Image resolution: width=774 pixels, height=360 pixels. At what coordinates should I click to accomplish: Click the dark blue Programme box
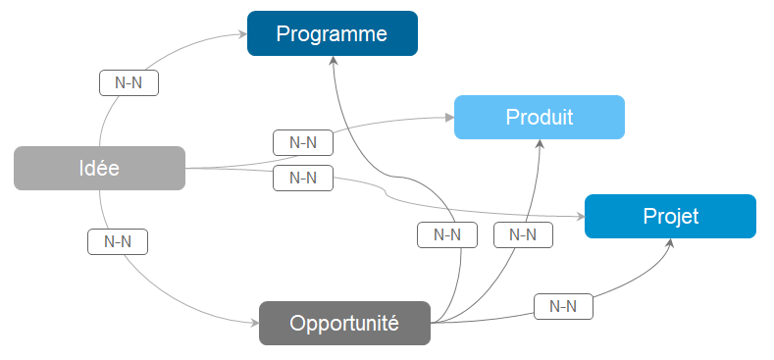[x=333, y=33]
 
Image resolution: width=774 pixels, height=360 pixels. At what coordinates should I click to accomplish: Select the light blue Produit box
[x=540, y=117]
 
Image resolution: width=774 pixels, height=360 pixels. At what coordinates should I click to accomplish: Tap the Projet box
[x=670, y=217]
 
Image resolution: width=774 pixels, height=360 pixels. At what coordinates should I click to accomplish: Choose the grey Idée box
[x=99, y=168]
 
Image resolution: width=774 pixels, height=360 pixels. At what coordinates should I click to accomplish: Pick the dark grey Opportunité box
[x=344, y=323]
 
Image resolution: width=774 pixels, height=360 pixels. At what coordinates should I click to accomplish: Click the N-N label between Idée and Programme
[x=129, y=83]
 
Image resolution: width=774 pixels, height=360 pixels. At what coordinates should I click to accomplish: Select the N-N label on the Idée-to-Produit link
[x=303, y=142]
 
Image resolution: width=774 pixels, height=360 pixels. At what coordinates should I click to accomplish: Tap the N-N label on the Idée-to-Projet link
[x=303, y=178]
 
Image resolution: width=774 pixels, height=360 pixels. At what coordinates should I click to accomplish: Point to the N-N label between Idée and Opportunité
[x=118, y=242]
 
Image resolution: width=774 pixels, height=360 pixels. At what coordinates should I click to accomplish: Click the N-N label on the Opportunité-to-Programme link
[x=447, y=235]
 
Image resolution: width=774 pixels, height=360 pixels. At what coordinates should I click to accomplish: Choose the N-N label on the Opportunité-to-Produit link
[x=523, y=235]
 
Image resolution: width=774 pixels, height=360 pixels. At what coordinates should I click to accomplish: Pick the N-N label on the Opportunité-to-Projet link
[x=563, y=307]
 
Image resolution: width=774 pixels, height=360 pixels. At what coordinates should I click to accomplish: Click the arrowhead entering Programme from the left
[x=242, y=34]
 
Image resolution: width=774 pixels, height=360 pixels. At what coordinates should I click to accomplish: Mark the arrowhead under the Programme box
[x=334, y=60]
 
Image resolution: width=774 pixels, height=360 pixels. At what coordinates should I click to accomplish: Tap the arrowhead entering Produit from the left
[x=449, y=118]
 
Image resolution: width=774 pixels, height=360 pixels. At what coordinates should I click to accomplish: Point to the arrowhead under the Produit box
[x=540, y=143]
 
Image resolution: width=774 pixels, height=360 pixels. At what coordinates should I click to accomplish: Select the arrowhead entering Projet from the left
[x=580, y=217]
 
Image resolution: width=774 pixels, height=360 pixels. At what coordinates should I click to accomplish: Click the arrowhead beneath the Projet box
[x=670, y=243]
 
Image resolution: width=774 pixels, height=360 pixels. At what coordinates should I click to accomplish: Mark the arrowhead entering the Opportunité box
[x=255, y=324]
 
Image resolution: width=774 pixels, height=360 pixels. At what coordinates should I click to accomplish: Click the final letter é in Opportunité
[x=394, y=323]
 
